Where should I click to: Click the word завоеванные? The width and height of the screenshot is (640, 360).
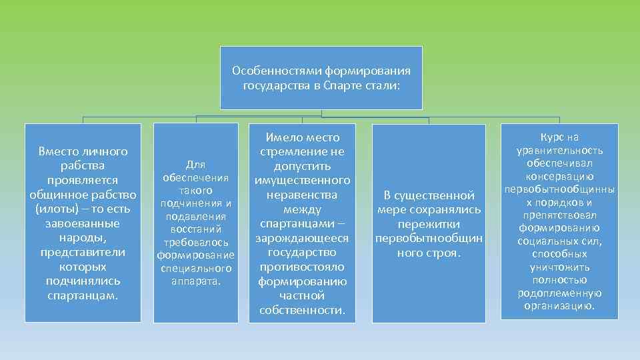pyautogui.click(x=83, y=224)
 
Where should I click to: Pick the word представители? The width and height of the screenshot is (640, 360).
pyautogui.click(x=83, y=253)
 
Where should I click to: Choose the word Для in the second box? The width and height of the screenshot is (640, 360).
pyautogui.click(x=196, y=165)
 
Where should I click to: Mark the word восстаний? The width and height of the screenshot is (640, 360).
pyautogui.click(x=196, y=229)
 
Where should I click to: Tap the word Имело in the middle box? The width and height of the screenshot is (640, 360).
pyautogui.click(x=282, y=137)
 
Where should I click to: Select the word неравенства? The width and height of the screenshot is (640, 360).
pyautogui.click(x=302, y=195)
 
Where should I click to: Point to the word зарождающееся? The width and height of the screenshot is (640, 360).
pyautogui.click(x=303, y=239)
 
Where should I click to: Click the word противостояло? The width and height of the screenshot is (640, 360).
pyautogui.click(x=303, y=267)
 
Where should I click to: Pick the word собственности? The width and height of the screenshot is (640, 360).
pyautogui.click(x=301, y=311)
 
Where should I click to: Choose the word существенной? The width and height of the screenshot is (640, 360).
pyautogui.click(x=435, y=195)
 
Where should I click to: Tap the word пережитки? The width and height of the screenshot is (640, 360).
pyautogui.click(x=429, y=224)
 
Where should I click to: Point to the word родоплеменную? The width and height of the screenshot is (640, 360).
pyautogui.click(x=559, y=293)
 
